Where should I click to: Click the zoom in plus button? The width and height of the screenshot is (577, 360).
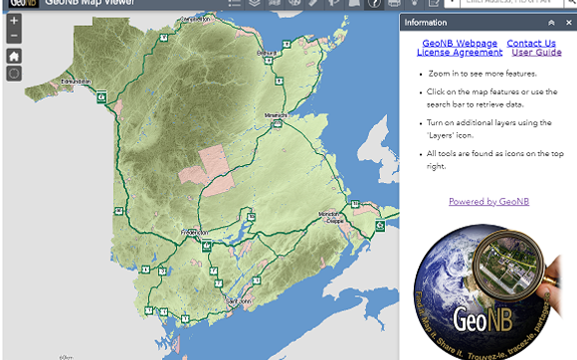(14, 20)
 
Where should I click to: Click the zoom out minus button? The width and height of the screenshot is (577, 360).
(14, 37)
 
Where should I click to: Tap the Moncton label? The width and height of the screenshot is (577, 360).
(328, 214)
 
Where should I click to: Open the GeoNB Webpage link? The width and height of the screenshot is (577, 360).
(459, 44)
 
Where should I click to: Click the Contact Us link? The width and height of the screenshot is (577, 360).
(531, 44)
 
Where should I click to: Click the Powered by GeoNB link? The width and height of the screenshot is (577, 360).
(488, 201)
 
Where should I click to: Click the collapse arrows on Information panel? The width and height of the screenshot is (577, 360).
(551, 22)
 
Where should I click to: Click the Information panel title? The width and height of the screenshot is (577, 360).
(426, 22)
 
